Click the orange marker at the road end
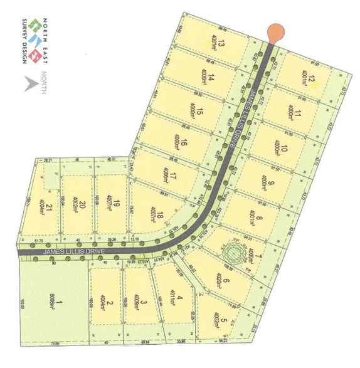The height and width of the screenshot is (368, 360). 274,31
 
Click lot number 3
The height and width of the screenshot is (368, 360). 144,303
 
